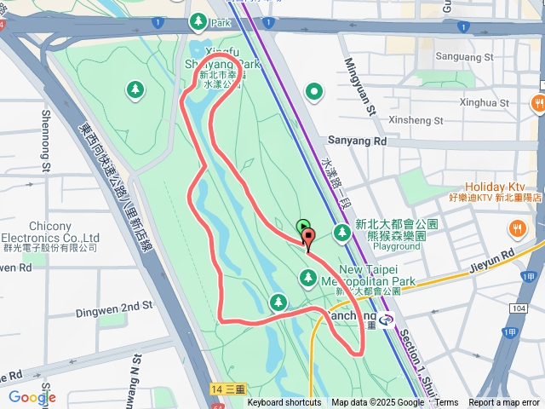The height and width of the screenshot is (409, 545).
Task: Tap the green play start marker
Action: click(x=302, y=226)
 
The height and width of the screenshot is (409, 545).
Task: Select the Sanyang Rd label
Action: click(x=357, y=140)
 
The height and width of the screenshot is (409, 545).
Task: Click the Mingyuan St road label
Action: click(x=359, y=86)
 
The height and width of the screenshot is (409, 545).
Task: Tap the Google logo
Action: click(x=32, y=397)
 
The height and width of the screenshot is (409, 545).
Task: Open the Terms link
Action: click(x=446, y=403)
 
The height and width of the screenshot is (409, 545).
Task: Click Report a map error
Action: click(x=504, y=403)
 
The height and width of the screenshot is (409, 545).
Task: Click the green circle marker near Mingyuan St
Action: click(x=315, y=91)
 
